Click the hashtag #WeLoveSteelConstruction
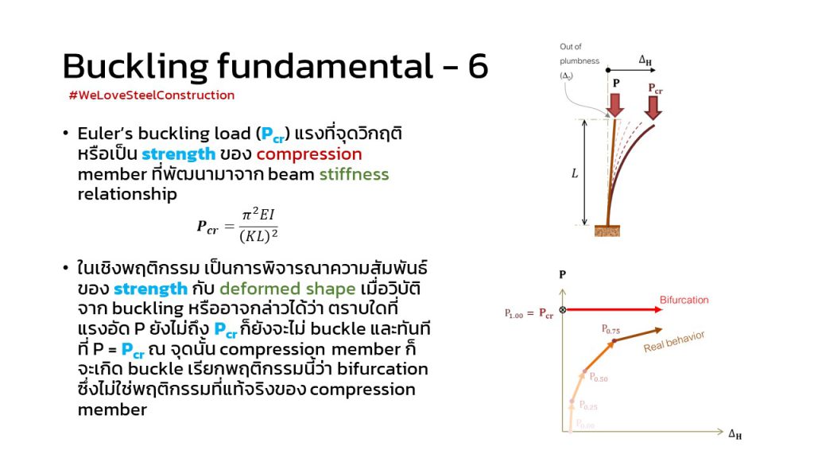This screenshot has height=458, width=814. (x=152, y=95)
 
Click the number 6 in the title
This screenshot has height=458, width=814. (x=478, y=66)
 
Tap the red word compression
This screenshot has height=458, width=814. (x=309, y=154)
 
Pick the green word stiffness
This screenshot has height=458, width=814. (x=354, y=174)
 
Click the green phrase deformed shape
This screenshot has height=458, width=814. (x=288, y=289)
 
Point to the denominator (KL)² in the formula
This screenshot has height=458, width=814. (x=258, y=236)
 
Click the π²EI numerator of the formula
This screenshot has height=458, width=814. (x=258, y=215)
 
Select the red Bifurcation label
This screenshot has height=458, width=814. (x=684, y=300)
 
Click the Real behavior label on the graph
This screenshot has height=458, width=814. (x=674, y=341)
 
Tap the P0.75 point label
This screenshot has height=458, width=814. (x=610, y=329)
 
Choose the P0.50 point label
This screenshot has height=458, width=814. (x=599, y=378)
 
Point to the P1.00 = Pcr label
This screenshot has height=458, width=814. (x=529, y=313)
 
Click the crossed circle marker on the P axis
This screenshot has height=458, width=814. (x=563, y=310)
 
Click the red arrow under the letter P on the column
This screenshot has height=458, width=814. (x=615, y=104)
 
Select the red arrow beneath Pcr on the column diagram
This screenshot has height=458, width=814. (x=653, y=108)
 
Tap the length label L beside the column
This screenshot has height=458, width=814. (x=575, y=173)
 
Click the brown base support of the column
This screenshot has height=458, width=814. (x=607, y=231)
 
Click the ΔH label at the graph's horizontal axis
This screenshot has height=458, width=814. (x=735, y=434)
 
